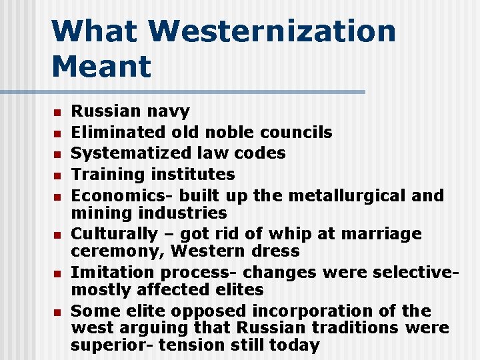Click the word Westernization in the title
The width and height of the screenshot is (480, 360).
(x=272, y=31)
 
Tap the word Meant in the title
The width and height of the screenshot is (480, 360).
(x=101, y=66)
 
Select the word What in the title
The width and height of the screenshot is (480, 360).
(x=94, y=31)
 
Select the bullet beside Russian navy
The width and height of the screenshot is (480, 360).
(x=58, y=112)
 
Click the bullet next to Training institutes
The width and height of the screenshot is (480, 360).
(x=58, y=175)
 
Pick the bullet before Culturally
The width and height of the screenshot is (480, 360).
(x=58, y=235)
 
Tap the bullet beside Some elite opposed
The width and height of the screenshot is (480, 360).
(x=58, y=311)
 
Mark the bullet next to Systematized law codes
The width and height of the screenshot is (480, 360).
(x=58, y=154)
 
